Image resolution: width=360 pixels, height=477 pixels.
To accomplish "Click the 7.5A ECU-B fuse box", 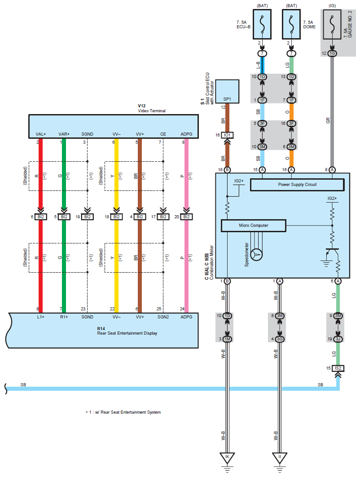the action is (262, 24).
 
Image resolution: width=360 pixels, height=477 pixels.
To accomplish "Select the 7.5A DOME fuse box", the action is (291, 24).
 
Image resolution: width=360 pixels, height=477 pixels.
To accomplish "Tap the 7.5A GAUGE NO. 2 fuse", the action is (332, 24).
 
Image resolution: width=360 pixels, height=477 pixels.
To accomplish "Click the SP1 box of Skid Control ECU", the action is (227, 92).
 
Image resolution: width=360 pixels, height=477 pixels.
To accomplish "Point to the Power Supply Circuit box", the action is (297, 185).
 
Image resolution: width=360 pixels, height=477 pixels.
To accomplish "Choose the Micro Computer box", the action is (253, 225).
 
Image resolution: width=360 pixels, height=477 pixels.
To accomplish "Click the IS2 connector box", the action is (338, 368).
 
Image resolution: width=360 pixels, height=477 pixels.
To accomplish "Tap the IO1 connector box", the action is (227, 135).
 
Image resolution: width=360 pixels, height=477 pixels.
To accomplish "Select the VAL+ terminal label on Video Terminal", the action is (41, 134).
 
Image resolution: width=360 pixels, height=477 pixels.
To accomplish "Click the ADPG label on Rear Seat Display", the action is (186, 317).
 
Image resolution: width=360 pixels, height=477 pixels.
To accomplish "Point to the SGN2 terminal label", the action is (163, 317).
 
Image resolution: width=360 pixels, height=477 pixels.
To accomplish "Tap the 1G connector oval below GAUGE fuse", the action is (332, 53).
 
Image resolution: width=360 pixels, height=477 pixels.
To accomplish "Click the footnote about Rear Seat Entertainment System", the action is (123, 412).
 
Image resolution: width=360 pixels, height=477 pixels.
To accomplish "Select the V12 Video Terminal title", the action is (152, 108).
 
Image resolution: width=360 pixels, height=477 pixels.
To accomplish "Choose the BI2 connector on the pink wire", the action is (186, 216).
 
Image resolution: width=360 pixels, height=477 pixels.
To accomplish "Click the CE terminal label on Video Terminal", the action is (163, 134).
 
